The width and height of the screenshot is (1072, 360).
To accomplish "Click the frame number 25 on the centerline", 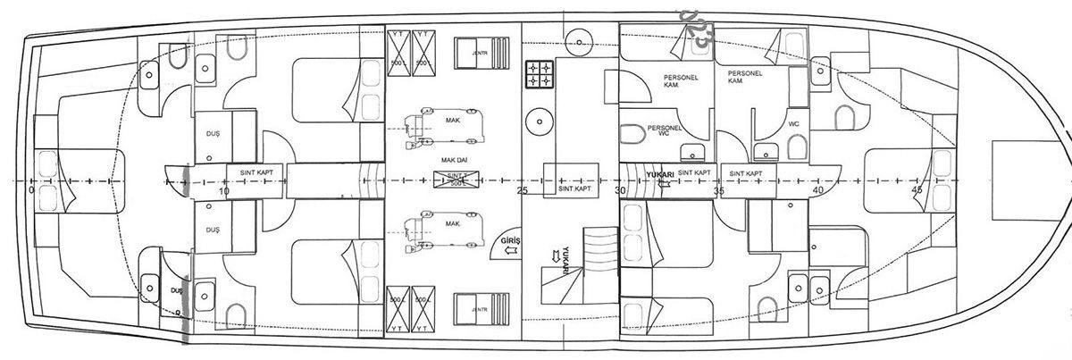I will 523,190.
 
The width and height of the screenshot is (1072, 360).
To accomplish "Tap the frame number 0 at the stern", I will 31,190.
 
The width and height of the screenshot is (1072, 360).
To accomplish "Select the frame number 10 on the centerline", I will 223,190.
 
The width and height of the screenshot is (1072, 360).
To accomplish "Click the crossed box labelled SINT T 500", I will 456,180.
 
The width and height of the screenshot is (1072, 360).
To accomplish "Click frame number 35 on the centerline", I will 718,190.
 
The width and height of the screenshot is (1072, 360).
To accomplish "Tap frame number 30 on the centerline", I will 620,190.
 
